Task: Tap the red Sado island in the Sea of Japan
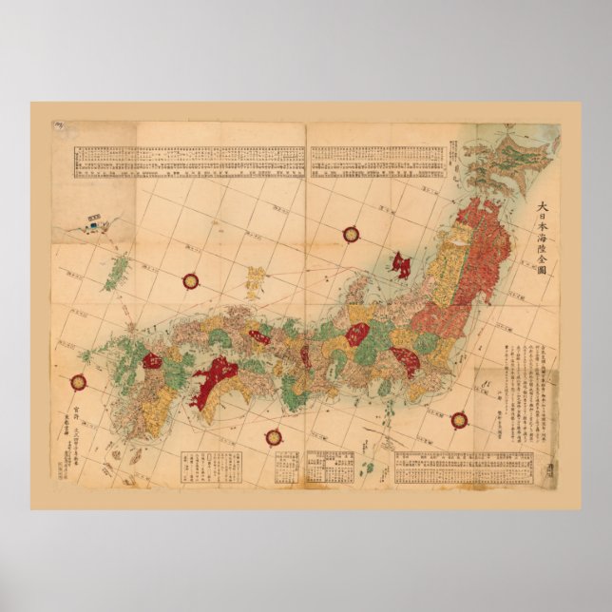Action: tap(401, 264)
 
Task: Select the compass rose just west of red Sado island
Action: tap(351, 234)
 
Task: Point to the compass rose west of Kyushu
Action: tap(78, 383)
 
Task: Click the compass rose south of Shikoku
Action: tap(274, 437)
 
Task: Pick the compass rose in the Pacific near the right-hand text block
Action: tap(459, 418)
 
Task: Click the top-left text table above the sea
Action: tap(189, 162)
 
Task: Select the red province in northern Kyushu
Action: tap(152, 360)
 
